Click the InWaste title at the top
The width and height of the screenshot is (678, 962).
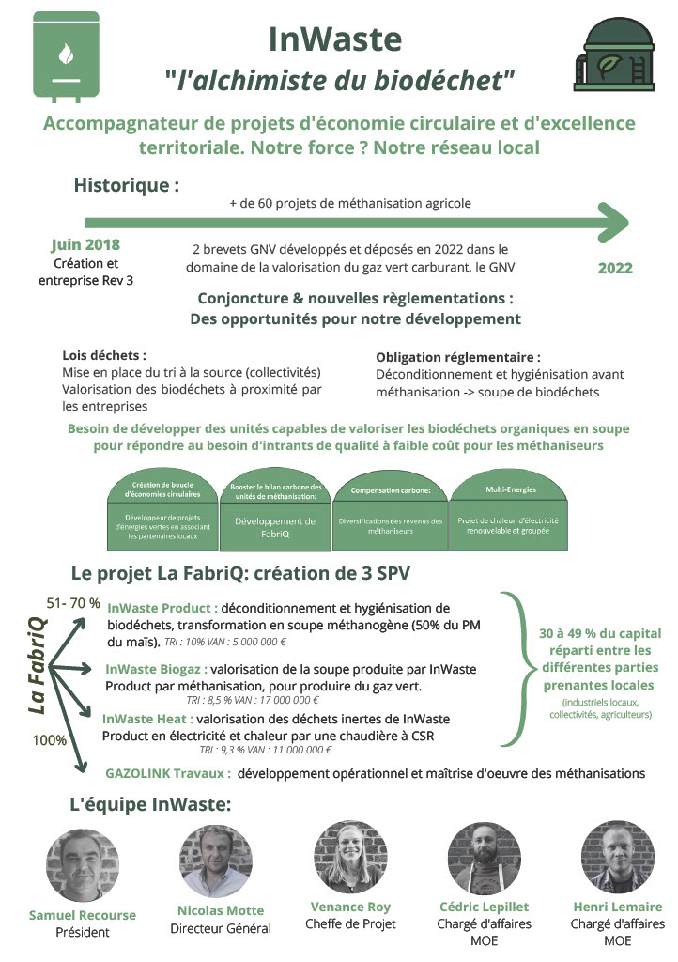tap(335, 39)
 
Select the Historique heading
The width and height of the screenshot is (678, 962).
tap(127, 185)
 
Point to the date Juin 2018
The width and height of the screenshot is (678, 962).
tap(85, 245)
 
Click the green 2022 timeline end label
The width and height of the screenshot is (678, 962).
tap(615, 269)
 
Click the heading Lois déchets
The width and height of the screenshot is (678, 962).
tap(104, 356)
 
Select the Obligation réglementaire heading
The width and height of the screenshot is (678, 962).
tap(458, 358)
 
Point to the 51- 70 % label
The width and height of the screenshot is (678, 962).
tap(73, 602)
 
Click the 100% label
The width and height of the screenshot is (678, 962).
tap(50, 740)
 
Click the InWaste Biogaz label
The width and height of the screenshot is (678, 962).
tap(156, 670)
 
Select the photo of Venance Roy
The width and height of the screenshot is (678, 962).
tap(350, 856)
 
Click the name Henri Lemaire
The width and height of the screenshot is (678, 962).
tap(617, 907)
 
